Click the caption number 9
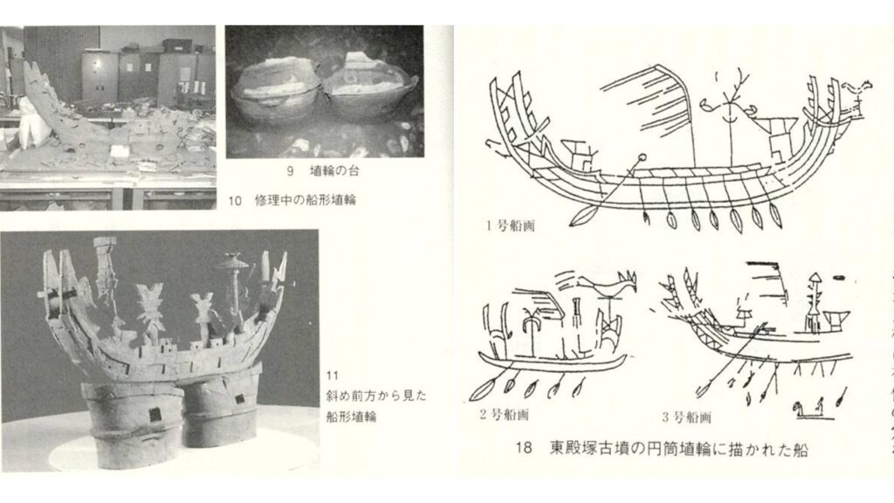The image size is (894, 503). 290,170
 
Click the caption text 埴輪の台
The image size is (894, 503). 334,170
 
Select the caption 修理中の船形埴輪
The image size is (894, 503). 306,200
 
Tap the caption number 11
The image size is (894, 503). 333,376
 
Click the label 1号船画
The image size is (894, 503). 510,225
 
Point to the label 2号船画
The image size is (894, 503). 504,415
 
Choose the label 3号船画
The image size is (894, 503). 686,417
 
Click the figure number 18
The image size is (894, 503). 524,448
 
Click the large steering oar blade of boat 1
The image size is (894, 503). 583,217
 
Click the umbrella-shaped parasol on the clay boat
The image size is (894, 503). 232,262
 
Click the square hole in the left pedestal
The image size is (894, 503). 154,415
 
